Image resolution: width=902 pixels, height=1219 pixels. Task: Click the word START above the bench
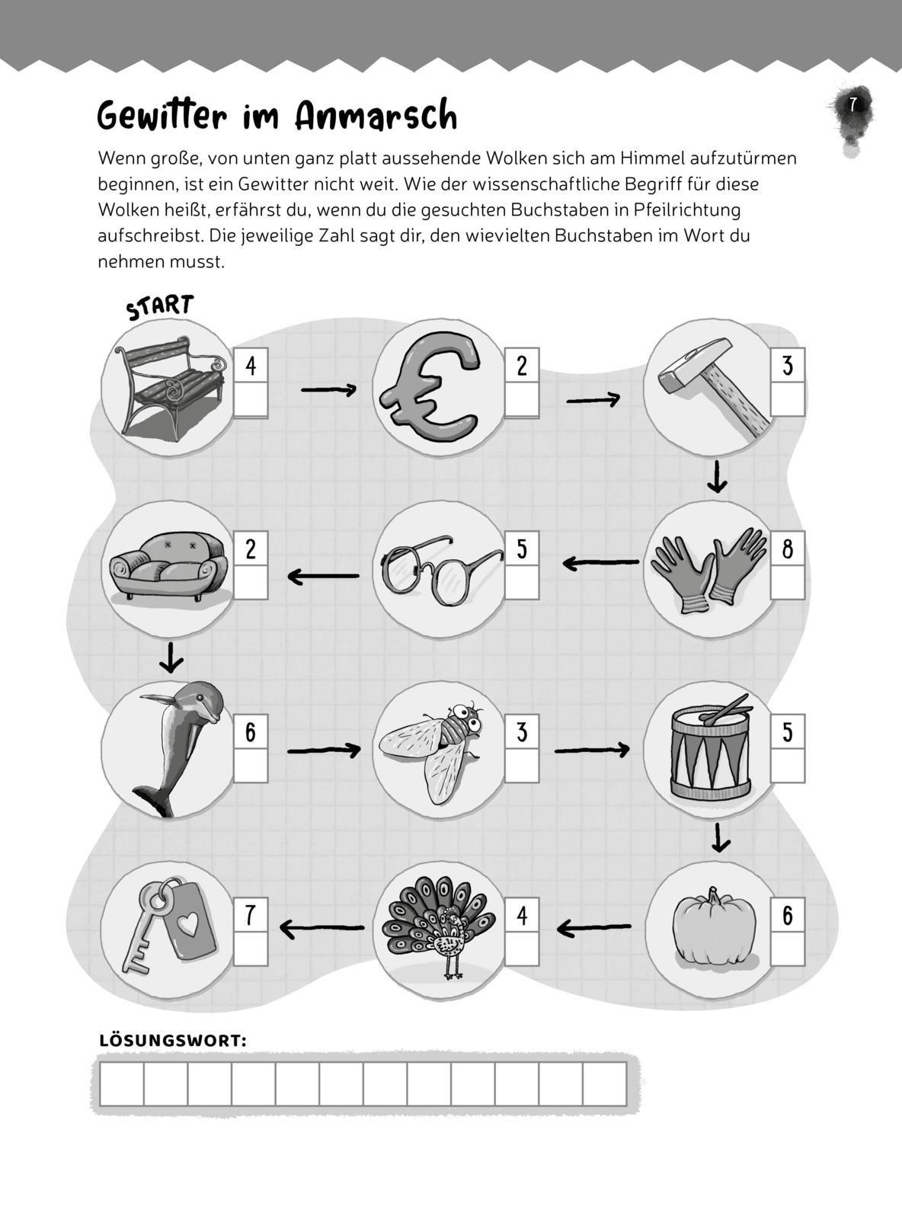[x=159, y=307]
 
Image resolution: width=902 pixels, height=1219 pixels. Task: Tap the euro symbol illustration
[x=430, y=387]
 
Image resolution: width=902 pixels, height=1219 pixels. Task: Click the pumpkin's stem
[x=713, y=896]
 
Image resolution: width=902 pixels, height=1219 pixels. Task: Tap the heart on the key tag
[x=188, y=924]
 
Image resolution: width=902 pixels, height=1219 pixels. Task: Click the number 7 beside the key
[x=251, y=915]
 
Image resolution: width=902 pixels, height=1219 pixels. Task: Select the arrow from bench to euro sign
[x=328, y=389]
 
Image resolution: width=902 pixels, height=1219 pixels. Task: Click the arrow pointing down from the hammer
[x=717, y=476]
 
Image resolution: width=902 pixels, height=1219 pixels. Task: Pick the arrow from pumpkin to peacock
[x=593, y=928]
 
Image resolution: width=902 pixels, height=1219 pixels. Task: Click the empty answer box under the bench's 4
[x=251, y=399]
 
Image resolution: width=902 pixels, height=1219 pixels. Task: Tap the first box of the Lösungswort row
[x=122, y=1083]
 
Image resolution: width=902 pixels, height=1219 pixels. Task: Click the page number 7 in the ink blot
[x=852, y=104]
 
